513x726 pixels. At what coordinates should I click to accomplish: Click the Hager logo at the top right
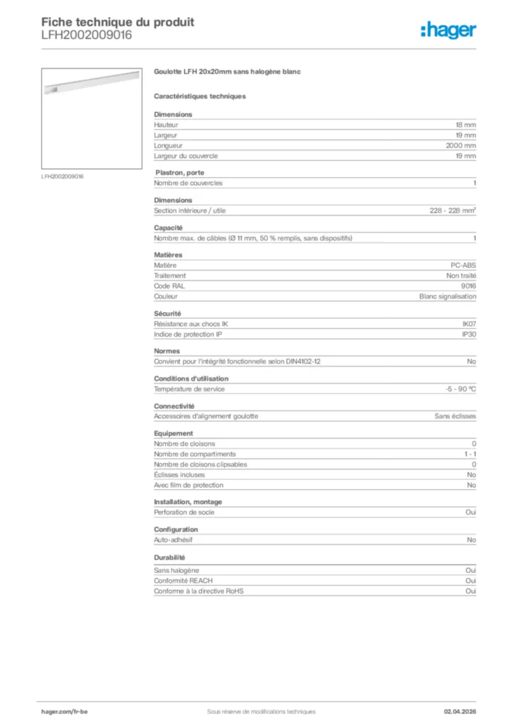click(448, 30)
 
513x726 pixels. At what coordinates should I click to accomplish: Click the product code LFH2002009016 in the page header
click(86, 35)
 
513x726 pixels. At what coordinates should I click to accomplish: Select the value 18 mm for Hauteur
click(466, 125)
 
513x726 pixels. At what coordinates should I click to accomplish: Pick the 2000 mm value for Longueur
click(461, 145)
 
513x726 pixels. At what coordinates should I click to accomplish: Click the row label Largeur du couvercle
click(186, 156)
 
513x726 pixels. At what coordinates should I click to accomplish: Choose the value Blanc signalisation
click(447, 296)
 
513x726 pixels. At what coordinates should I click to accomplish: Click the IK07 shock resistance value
click(468, 324)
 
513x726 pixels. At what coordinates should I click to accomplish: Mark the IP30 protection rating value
click(468, 334)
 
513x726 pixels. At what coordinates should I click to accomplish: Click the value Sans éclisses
click(455, 416)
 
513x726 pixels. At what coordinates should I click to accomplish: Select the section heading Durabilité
click(170, 557)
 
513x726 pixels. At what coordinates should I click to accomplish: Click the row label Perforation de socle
click(184, 512)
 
